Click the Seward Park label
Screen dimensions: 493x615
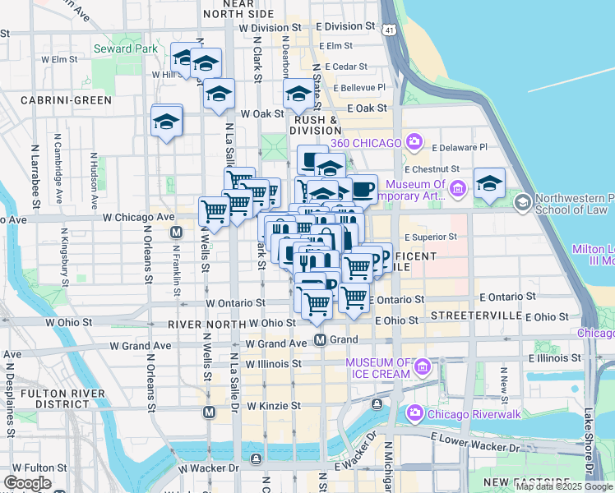(125, 49)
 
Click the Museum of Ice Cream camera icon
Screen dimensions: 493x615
(424, 366)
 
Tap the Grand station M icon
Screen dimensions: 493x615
(321, 339)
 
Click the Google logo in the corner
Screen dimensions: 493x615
(27, 483)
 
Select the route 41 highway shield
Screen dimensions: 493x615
(386, 30)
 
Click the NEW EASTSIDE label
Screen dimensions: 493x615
(527, 481)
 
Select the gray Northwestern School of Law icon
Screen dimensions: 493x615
(521, 201)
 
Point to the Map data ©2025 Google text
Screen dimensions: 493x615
(565, 486)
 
